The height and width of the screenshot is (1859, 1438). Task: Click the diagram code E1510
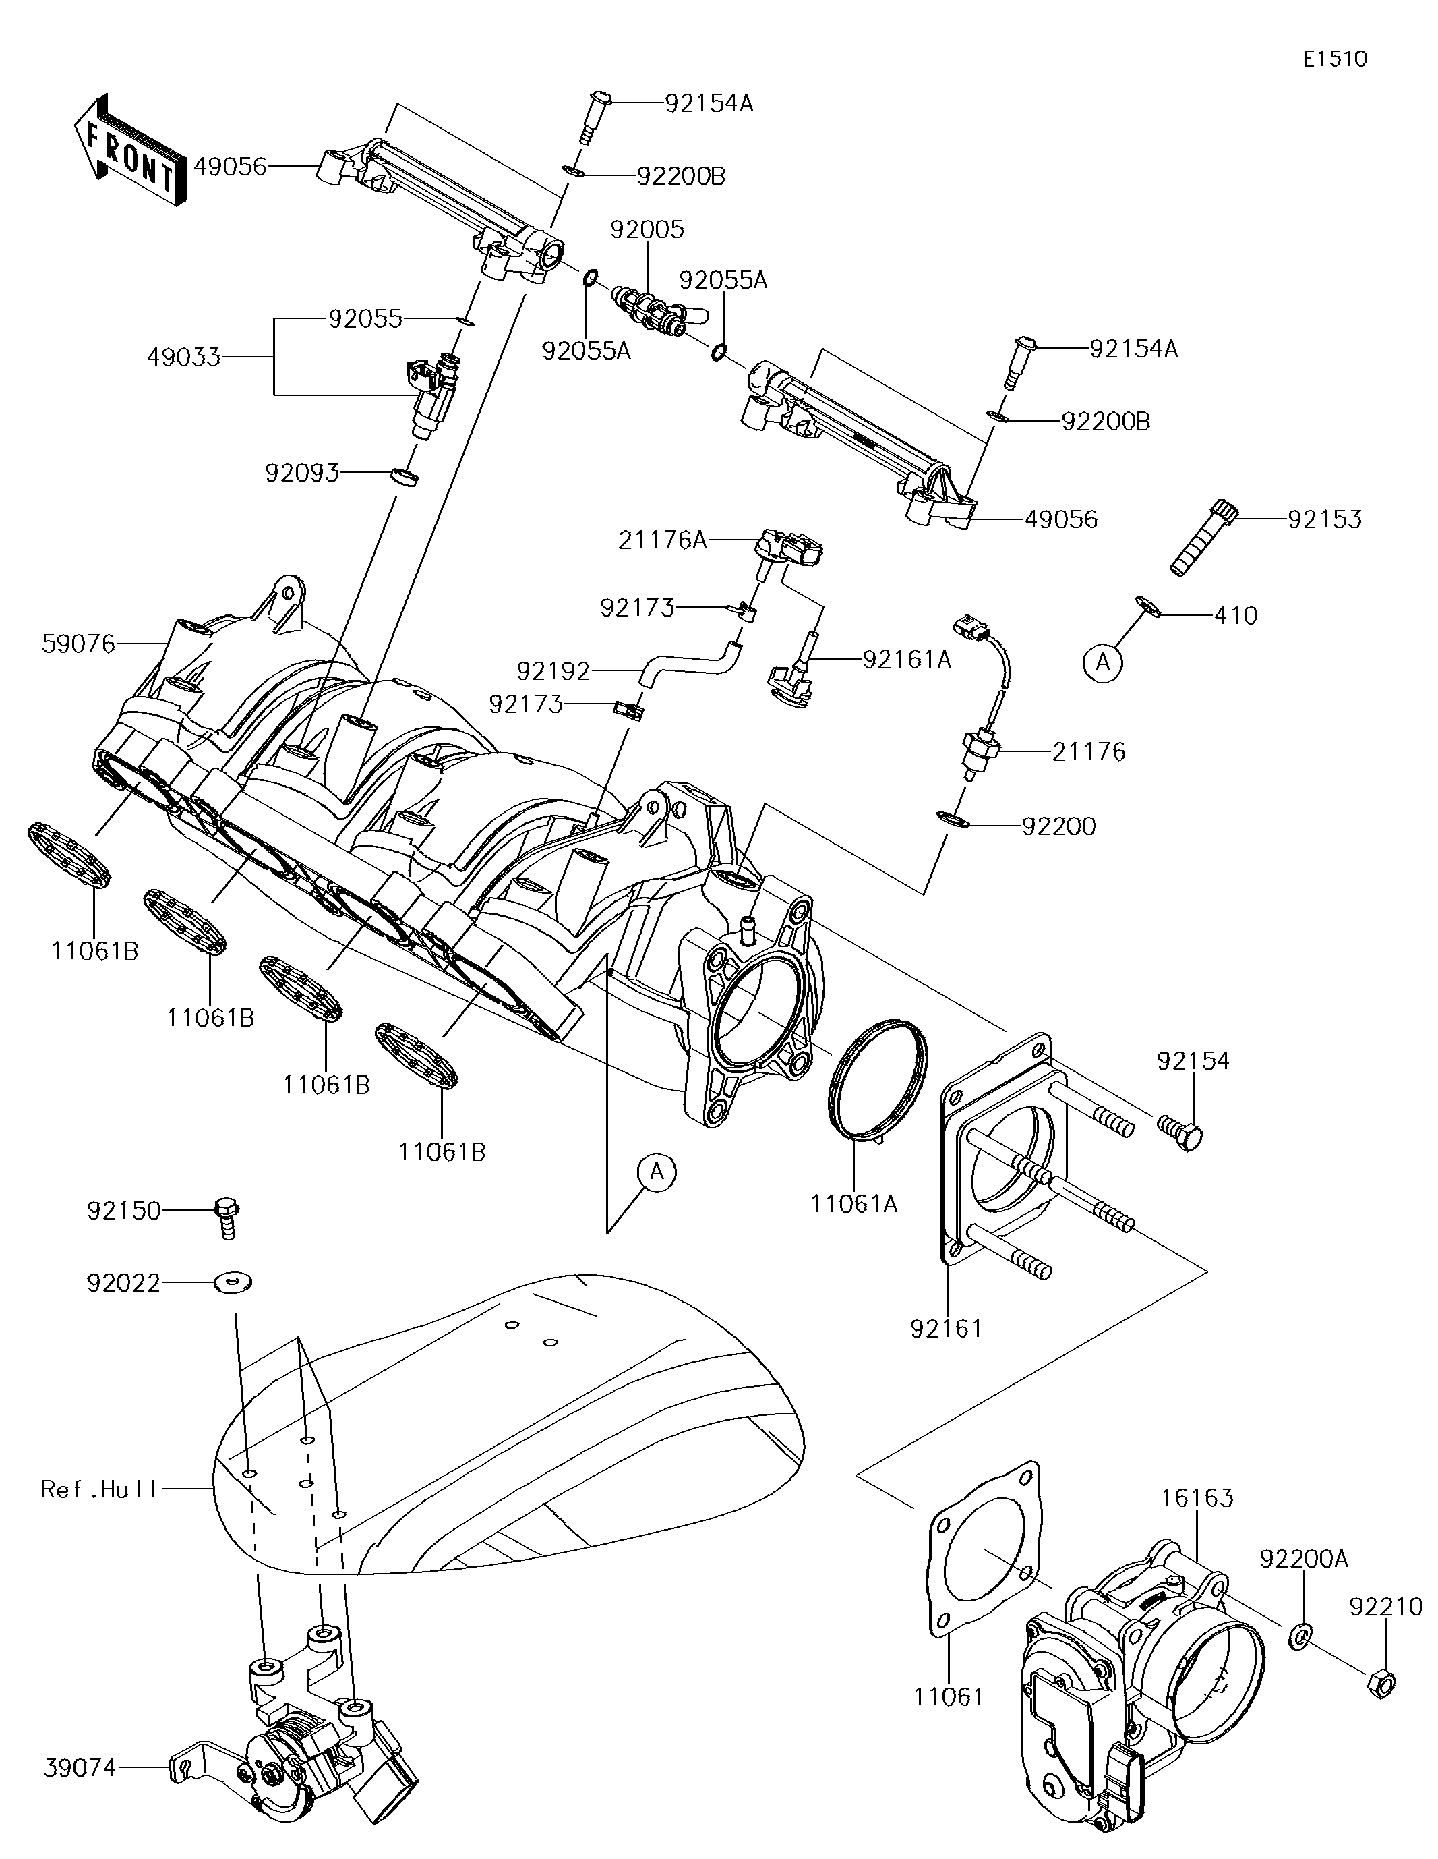pyautogui.click(x=1334, y=59)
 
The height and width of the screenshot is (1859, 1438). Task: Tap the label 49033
pyautogui.click(x=183, y=357)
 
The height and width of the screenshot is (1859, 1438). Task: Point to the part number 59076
pyautogui.click(x=78, y=643)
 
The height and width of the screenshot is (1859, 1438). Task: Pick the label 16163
pyautogui.click(x=1198, y=1497)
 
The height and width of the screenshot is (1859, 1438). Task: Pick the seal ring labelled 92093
pyautogui.click(x=405, y=476)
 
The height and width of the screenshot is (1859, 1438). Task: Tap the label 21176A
pyautogui.click(x=662, y=540)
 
